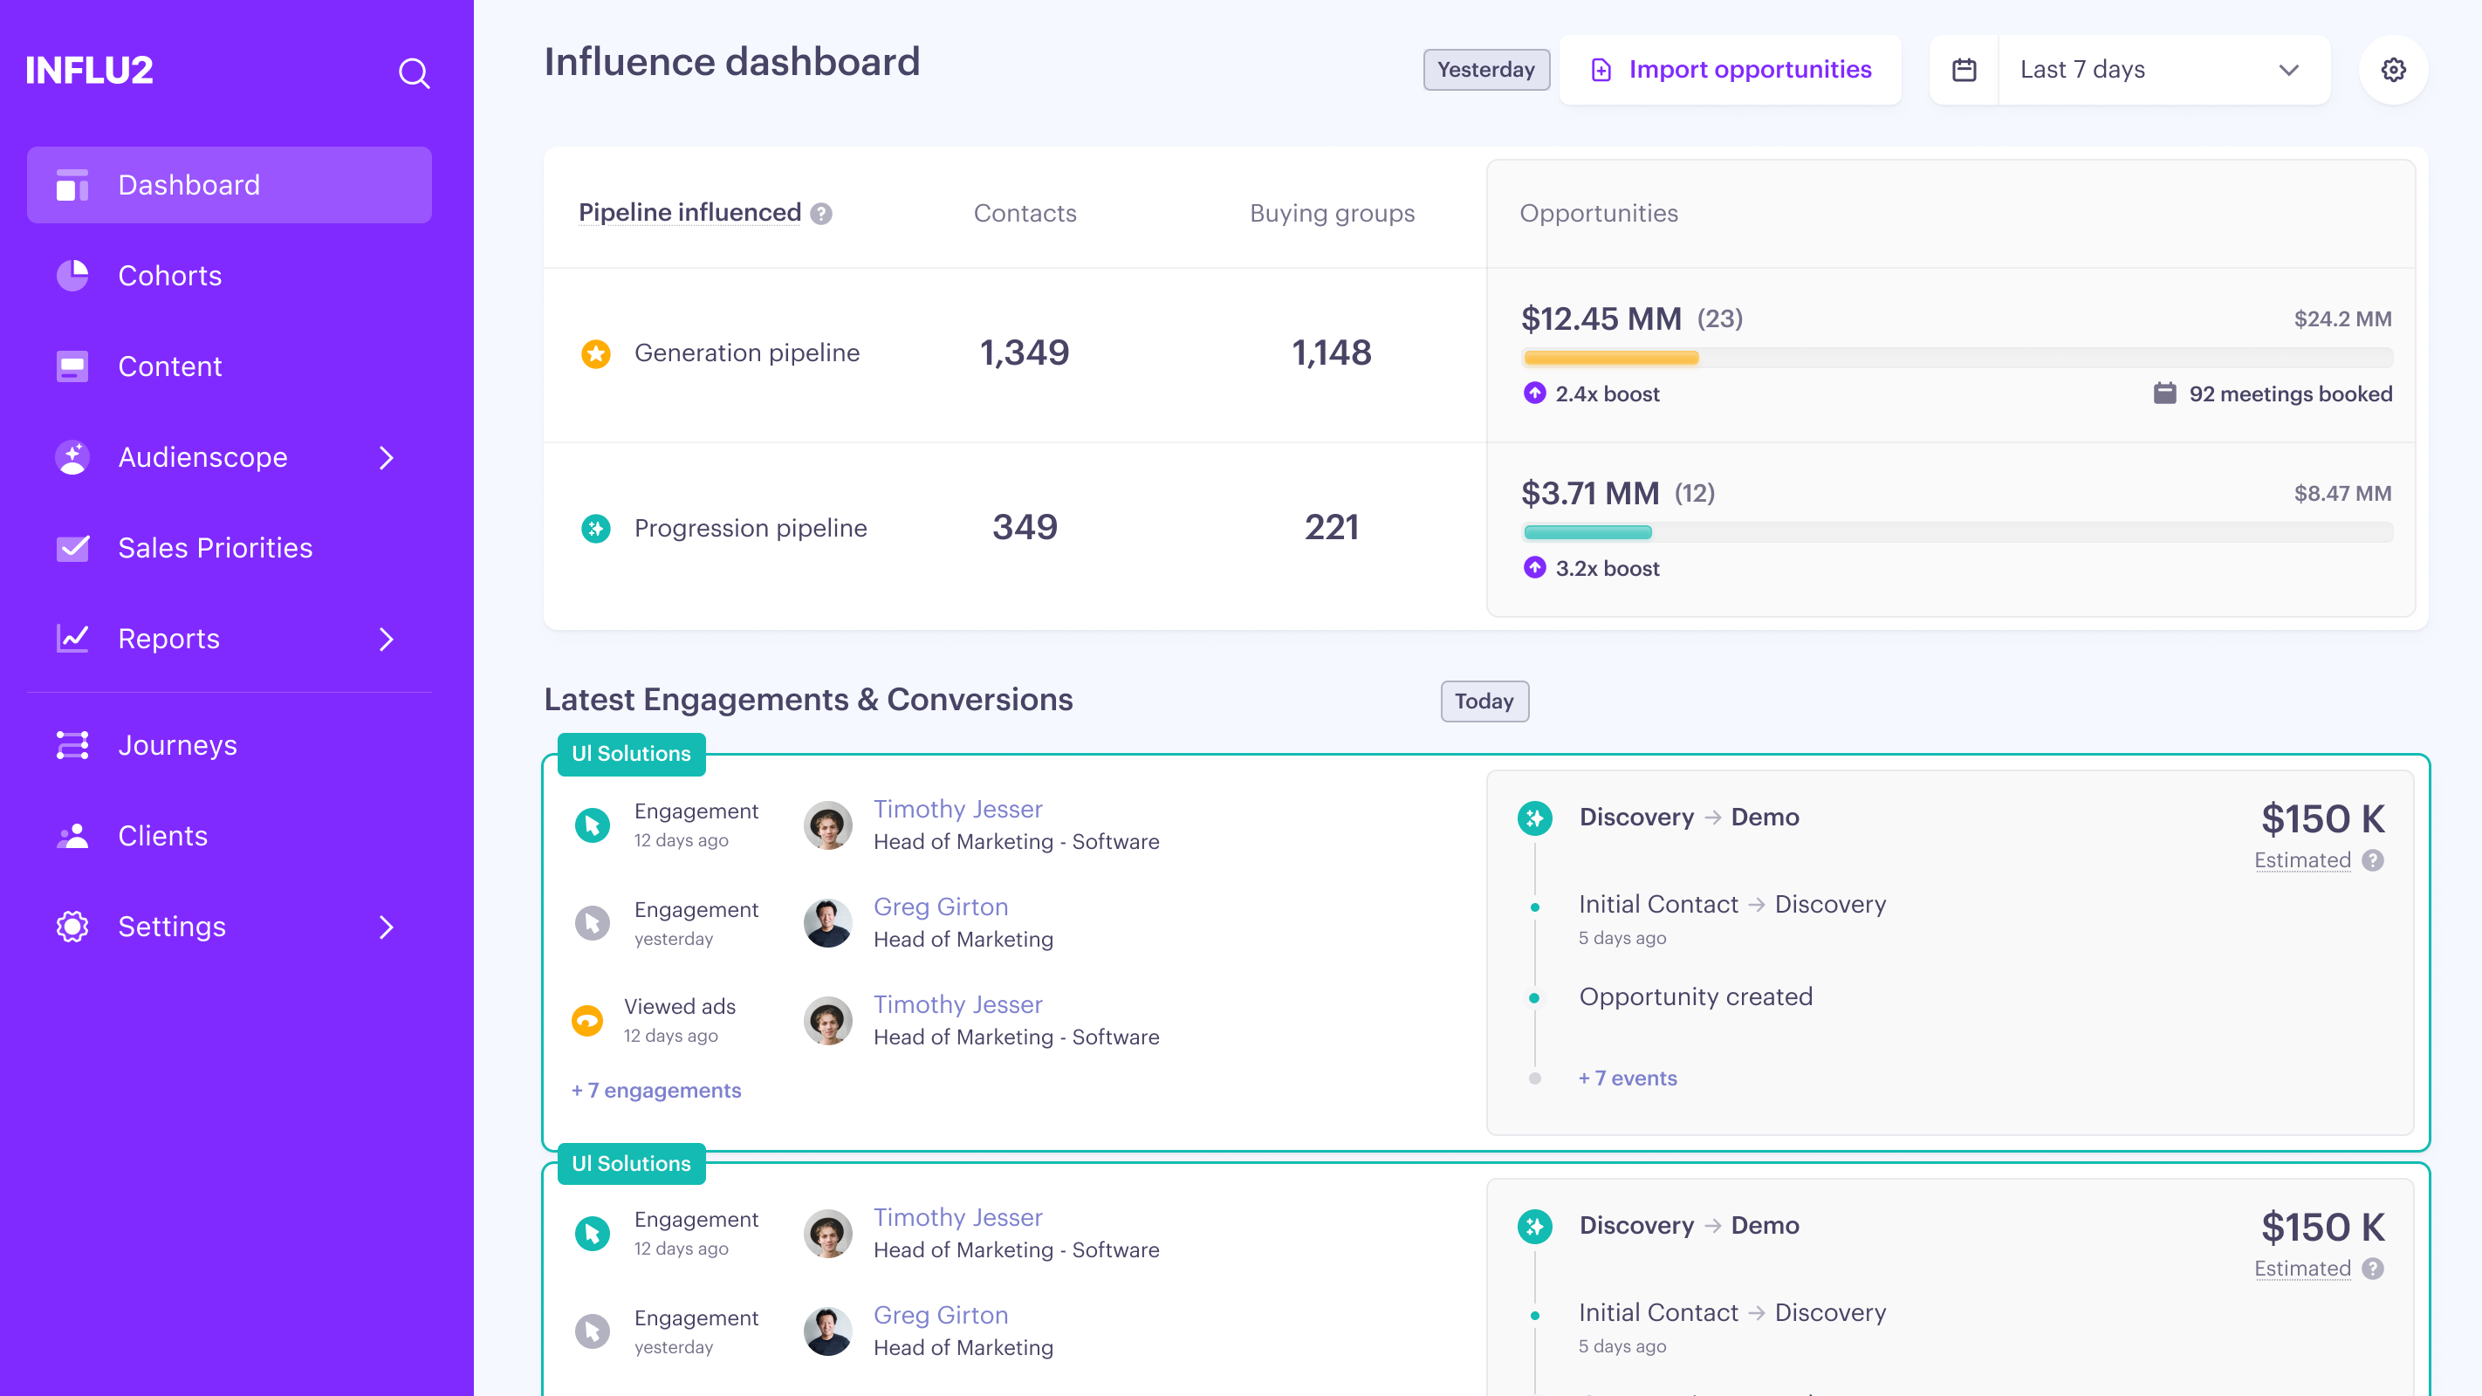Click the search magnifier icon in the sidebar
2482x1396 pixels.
tap(415, 73)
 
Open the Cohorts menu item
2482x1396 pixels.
tap(169, 276)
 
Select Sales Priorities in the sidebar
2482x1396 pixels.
tap(215, 548)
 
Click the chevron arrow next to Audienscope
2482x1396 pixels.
tap(387, 457)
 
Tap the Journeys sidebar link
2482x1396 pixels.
tap(177, 745)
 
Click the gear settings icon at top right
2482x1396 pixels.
tap(2393, 70)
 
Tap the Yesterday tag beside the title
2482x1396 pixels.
tap(1485, 70)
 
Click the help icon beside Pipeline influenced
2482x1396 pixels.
tap(821, 214)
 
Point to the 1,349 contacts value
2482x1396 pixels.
tap(1025, 352)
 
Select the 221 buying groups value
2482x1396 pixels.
tap(1332, 527)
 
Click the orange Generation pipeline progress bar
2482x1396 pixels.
tap(1610, 359)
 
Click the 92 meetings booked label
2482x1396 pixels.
tap(2289, 394)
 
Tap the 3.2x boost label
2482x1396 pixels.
tap(1606, 568)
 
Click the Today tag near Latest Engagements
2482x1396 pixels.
tap(1484, 701)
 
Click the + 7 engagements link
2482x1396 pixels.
tap(656, 1091)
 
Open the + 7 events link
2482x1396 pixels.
tap(1628, 1078)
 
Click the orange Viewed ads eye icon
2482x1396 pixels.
tap(586, 1020)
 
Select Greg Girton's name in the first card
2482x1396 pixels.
tap(941, 907)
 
